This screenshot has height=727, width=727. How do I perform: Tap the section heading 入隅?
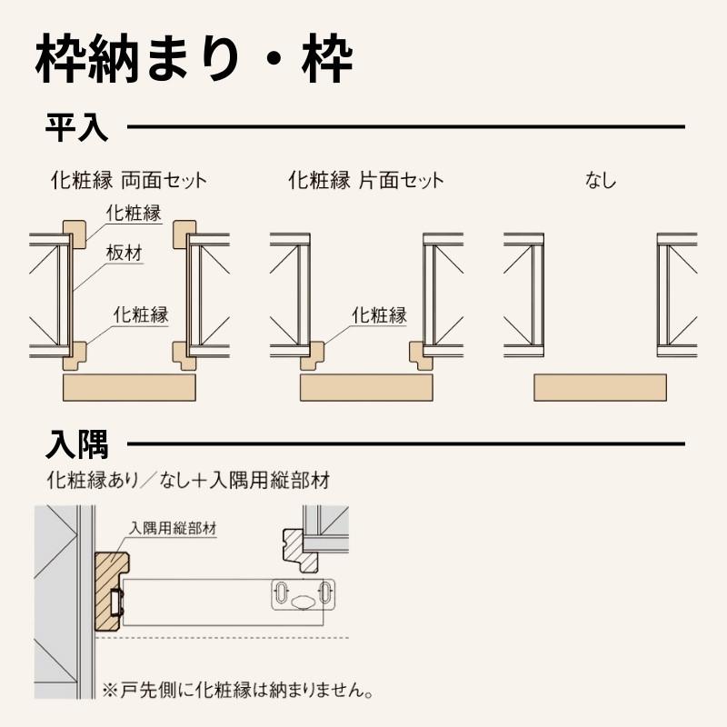(76, 445)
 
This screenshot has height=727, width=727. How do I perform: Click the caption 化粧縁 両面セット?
(129, 180)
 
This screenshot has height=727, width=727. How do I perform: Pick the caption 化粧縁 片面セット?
(365, 180)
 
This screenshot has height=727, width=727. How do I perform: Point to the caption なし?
(601, 180)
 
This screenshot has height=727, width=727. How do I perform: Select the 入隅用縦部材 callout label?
(172, 526)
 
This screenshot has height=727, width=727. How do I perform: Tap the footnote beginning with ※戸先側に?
(238, 691)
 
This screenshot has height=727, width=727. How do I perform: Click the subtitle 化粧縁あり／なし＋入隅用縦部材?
(187, 479)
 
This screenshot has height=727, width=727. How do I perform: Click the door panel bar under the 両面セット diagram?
(129, 387)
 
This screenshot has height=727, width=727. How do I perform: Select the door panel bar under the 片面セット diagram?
(366, 387)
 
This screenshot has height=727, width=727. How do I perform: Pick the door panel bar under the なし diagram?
(601, 387)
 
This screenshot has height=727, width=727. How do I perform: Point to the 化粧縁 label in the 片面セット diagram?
(378, 316)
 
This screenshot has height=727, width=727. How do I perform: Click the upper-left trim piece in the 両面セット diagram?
(75, 233)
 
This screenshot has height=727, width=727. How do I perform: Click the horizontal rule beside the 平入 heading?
(405, 127)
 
